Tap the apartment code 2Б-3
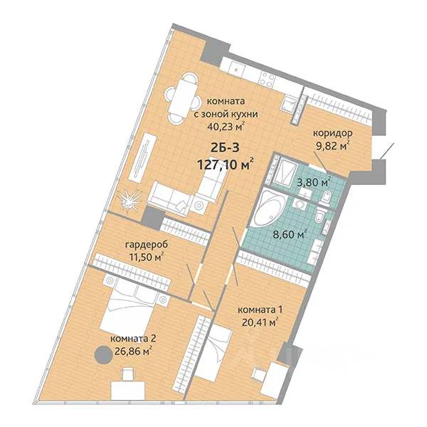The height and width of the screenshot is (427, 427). point(225,148)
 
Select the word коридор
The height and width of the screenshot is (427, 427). point(332,133)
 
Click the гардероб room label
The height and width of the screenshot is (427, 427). point(147,245)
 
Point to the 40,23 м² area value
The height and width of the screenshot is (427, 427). point(226,127)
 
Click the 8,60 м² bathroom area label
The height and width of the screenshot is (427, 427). point(290,234)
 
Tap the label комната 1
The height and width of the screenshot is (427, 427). point(260,310)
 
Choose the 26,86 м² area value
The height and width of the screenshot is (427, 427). point(133,352)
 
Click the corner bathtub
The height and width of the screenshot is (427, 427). point(268,208)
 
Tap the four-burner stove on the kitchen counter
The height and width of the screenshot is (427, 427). point(267,79)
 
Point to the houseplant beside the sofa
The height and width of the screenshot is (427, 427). point(129,199)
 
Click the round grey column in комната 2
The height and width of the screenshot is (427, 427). point(103,354)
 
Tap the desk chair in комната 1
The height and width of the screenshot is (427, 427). point(259,374)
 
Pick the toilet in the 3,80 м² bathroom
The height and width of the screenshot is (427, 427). point(325,195)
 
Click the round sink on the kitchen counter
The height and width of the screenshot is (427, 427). point(236,70)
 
